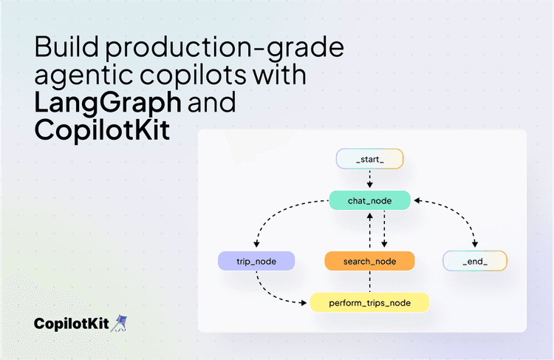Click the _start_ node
tap(369, 159)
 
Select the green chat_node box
tap(369, 200)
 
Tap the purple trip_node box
tap(256, 261)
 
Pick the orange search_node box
tap(369, 261)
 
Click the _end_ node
tap(475, 261)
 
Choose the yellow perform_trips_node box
tap(369, 302)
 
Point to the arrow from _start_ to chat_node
tap(369, 179)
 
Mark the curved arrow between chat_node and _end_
tap(458, 214)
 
